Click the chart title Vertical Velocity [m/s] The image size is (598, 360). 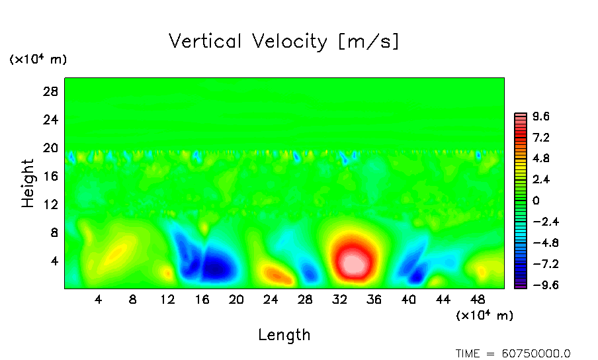284,42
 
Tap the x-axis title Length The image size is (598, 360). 284,335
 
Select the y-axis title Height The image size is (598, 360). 28,183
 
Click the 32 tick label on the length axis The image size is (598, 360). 339,299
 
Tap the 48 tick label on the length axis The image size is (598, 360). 478,299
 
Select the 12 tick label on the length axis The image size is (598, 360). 167,299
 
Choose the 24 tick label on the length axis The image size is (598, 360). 271,299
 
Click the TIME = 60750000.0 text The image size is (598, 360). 513,353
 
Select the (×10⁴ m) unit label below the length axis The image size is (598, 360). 485,316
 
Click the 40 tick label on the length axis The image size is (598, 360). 409,299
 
